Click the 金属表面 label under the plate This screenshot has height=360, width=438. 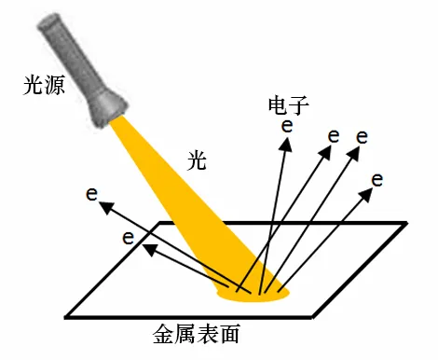[203, 332]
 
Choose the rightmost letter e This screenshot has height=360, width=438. [376, 178]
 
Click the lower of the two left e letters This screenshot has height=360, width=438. [129, 237]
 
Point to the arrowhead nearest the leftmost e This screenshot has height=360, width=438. [104, 206]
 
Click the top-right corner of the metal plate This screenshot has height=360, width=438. [405, 224]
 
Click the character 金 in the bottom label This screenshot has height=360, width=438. [161, 332]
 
